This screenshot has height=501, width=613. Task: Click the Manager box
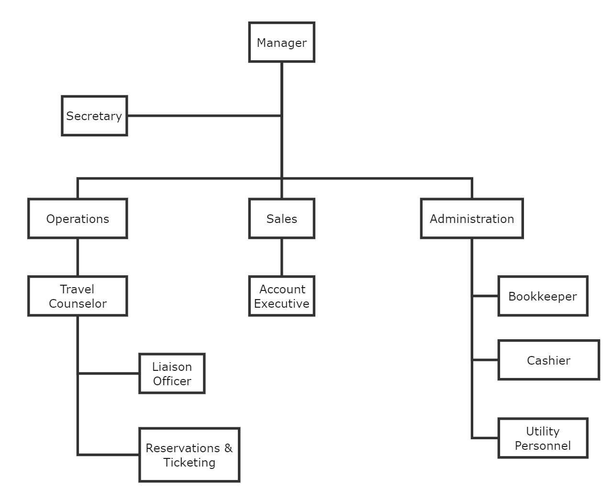(281, 42)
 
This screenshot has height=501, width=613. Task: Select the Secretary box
(94, 116)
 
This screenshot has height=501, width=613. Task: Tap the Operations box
(78, 219)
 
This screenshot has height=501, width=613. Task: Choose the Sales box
(281, 219)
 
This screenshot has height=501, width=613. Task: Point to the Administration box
(471, 219)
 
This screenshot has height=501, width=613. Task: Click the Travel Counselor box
(78, 296)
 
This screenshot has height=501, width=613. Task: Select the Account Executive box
(281, 296)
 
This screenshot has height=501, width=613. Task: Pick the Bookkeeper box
(542, 296)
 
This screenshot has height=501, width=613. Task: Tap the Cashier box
(548, 360)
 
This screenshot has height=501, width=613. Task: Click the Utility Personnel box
(542, 438)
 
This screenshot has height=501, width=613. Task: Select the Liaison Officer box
(172, 374)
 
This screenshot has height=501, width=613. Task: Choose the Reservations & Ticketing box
(189, 455)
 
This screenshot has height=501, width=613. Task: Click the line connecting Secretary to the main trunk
(204, 116)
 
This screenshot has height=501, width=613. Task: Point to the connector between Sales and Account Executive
(281, 257)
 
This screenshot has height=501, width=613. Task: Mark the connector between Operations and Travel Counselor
(78, 257)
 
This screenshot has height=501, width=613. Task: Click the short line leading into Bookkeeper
(485, 296)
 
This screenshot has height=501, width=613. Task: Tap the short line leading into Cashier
(485, 360)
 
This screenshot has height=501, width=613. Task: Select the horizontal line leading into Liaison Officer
(109, 373)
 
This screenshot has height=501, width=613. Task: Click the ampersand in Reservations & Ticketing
(228, 448)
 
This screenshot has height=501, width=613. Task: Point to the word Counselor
(78, 304)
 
